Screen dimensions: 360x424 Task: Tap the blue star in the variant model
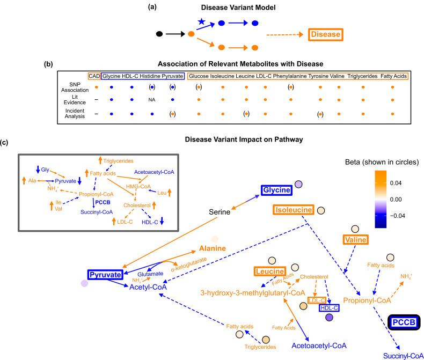(201, 20)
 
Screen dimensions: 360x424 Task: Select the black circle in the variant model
(158, 35)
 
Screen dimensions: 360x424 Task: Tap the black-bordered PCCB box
(404, 322)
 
